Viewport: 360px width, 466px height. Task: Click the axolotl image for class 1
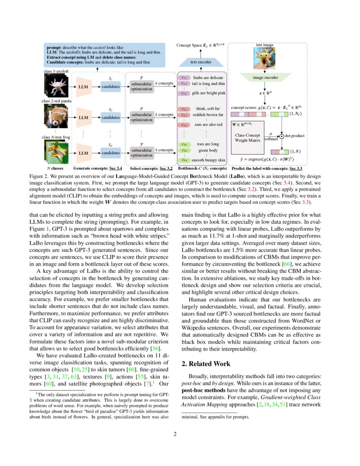tap(55, 86)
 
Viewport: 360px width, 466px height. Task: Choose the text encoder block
tap(201, 62)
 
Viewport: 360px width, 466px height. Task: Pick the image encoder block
tap(265, 78)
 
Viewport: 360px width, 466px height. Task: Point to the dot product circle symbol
tap(281, 136)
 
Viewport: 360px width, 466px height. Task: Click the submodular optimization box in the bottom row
tap(141, 152)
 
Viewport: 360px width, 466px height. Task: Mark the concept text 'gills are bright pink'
tap(209, 93)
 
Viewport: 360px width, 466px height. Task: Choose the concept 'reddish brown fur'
tap(208, 115)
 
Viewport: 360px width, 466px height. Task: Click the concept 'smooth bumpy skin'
tap(209, 160)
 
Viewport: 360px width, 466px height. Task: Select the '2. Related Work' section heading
tap(206, 364)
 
